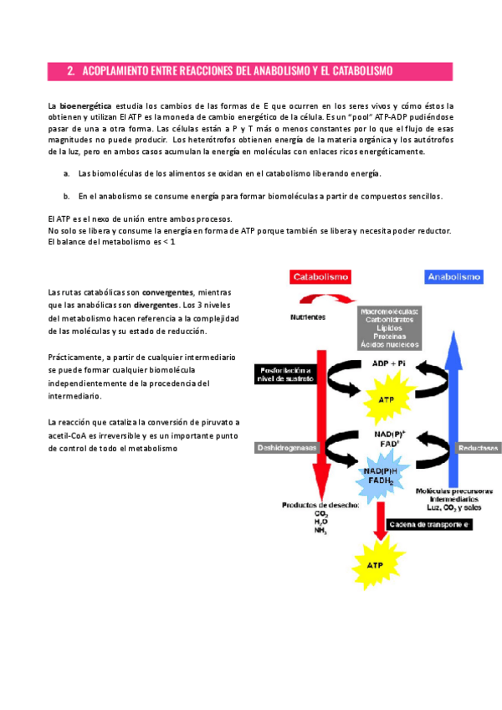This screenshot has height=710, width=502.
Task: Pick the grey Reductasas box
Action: (x=478, y=448)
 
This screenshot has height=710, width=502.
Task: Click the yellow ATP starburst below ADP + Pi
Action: (x=386, y=400)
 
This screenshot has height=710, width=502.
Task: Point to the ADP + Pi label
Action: (x=389, y=363)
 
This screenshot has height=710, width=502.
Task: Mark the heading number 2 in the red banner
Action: (x=71, y=72)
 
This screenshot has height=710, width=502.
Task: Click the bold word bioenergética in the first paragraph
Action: (x=85, y=106)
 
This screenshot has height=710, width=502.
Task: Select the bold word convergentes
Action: (x=168, y=292)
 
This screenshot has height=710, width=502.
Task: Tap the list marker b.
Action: (x=66, y=196)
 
